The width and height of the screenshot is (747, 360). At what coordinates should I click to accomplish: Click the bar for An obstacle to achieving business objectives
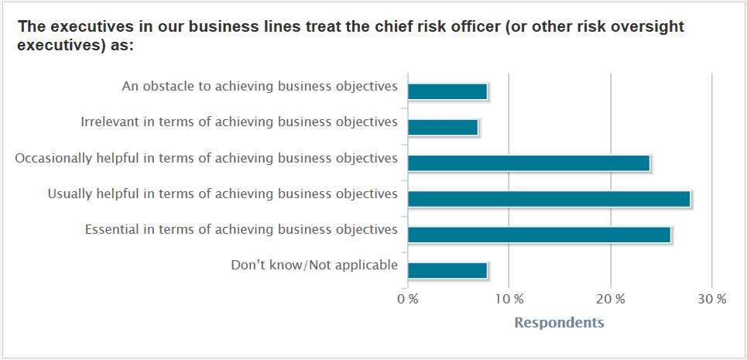[447, 91]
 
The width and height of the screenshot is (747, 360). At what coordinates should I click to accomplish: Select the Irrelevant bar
[443, 127]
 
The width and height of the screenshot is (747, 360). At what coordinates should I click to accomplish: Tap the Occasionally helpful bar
[529, 163]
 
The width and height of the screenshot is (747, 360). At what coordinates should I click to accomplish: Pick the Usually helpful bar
[550, 199]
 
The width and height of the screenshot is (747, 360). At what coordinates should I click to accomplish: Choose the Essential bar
[540, 235]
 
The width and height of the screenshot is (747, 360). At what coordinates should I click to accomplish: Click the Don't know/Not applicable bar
[447, 270]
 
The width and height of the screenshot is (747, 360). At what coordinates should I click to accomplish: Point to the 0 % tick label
[408, 300]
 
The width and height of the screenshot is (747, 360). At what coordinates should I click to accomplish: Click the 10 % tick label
[509, 300]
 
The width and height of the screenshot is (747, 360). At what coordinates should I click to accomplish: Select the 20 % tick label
[612, 300]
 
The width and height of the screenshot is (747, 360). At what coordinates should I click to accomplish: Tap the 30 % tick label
[713, 300]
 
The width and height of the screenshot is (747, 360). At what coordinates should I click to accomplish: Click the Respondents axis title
[560, 323]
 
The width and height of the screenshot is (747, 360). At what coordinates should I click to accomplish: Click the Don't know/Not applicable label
[314, 266]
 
